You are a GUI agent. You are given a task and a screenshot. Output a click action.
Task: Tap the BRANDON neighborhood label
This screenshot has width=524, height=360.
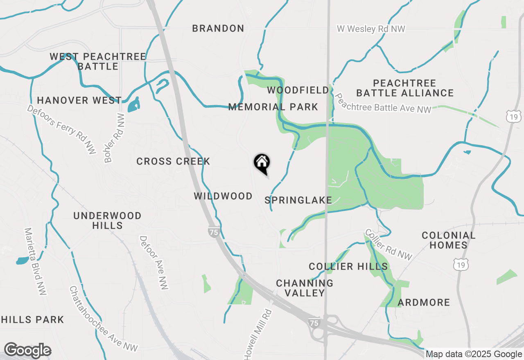[218, 28]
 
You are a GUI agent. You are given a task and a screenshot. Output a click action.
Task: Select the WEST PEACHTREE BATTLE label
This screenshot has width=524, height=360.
[98, 61]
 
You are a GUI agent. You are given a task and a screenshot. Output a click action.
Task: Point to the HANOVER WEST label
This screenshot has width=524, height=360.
[79, 100]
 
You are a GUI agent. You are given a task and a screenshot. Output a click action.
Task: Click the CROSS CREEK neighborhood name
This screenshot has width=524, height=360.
[173, 162]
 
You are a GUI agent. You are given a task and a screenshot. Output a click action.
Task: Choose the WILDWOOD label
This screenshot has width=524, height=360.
[223, 196]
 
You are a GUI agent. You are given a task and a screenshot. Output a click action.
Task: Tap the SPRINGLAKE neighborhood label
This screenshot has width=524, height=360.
[298, 200]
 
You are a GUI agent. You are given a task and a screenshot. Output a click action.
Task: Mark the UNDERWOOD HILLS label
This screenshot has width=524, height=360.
[107, 220]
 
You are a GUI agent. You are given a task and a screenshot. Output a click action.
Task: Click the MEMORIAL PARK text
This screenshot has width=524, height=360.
[273, 107]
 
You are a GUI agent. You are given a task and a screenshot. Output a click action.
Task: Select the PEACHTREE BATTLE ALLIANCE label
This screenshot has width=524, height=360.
[405, 88]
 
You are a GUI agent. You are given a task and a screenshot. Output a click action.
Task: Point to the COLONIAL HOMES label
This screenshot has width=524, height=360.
[448, 240]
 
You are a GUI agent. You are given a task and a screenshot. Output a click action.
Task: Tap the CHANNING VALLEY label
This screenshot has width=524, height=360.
[305, 288]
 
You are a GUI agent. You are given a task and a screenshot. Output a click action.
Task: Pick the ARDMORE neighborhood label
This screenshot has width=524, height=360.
[424, 302]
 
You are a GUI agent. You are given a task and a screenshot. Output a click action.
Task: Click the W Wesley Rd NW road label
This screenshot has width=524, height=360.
[371, 29]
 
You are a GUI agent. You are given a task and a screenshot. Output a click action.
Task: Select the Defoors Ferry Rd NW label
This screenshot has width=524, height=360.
[62, 129]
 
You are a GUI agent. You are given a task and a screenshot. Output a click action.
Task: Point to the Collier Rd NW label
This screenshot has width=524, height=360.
[388, 244]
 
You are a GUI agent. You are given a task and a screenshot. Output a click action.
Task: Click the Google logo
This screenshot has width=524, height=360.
[27, 350]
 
